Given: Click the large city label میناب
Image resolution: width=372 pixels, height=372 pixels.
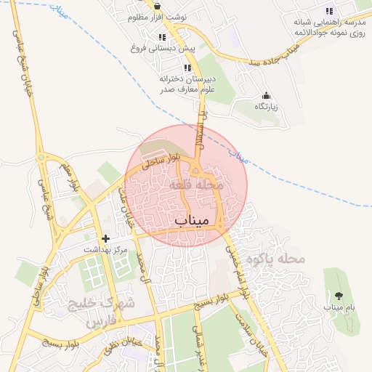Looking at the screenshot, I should [192, 218].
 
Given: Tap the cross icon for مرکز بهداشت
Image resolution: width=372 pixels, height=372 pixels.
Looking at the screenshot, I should [106, 238].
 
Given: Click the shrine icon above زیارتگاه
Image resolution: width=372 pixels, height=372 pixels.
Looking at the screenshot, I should [266, 95].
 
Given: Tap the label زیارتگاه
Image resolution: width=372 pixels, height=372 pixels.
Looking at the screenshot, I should [266, 107].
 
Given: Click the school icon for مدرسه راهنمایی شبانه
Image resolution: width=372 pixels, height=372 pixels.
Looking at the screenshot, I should [329, 11].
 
